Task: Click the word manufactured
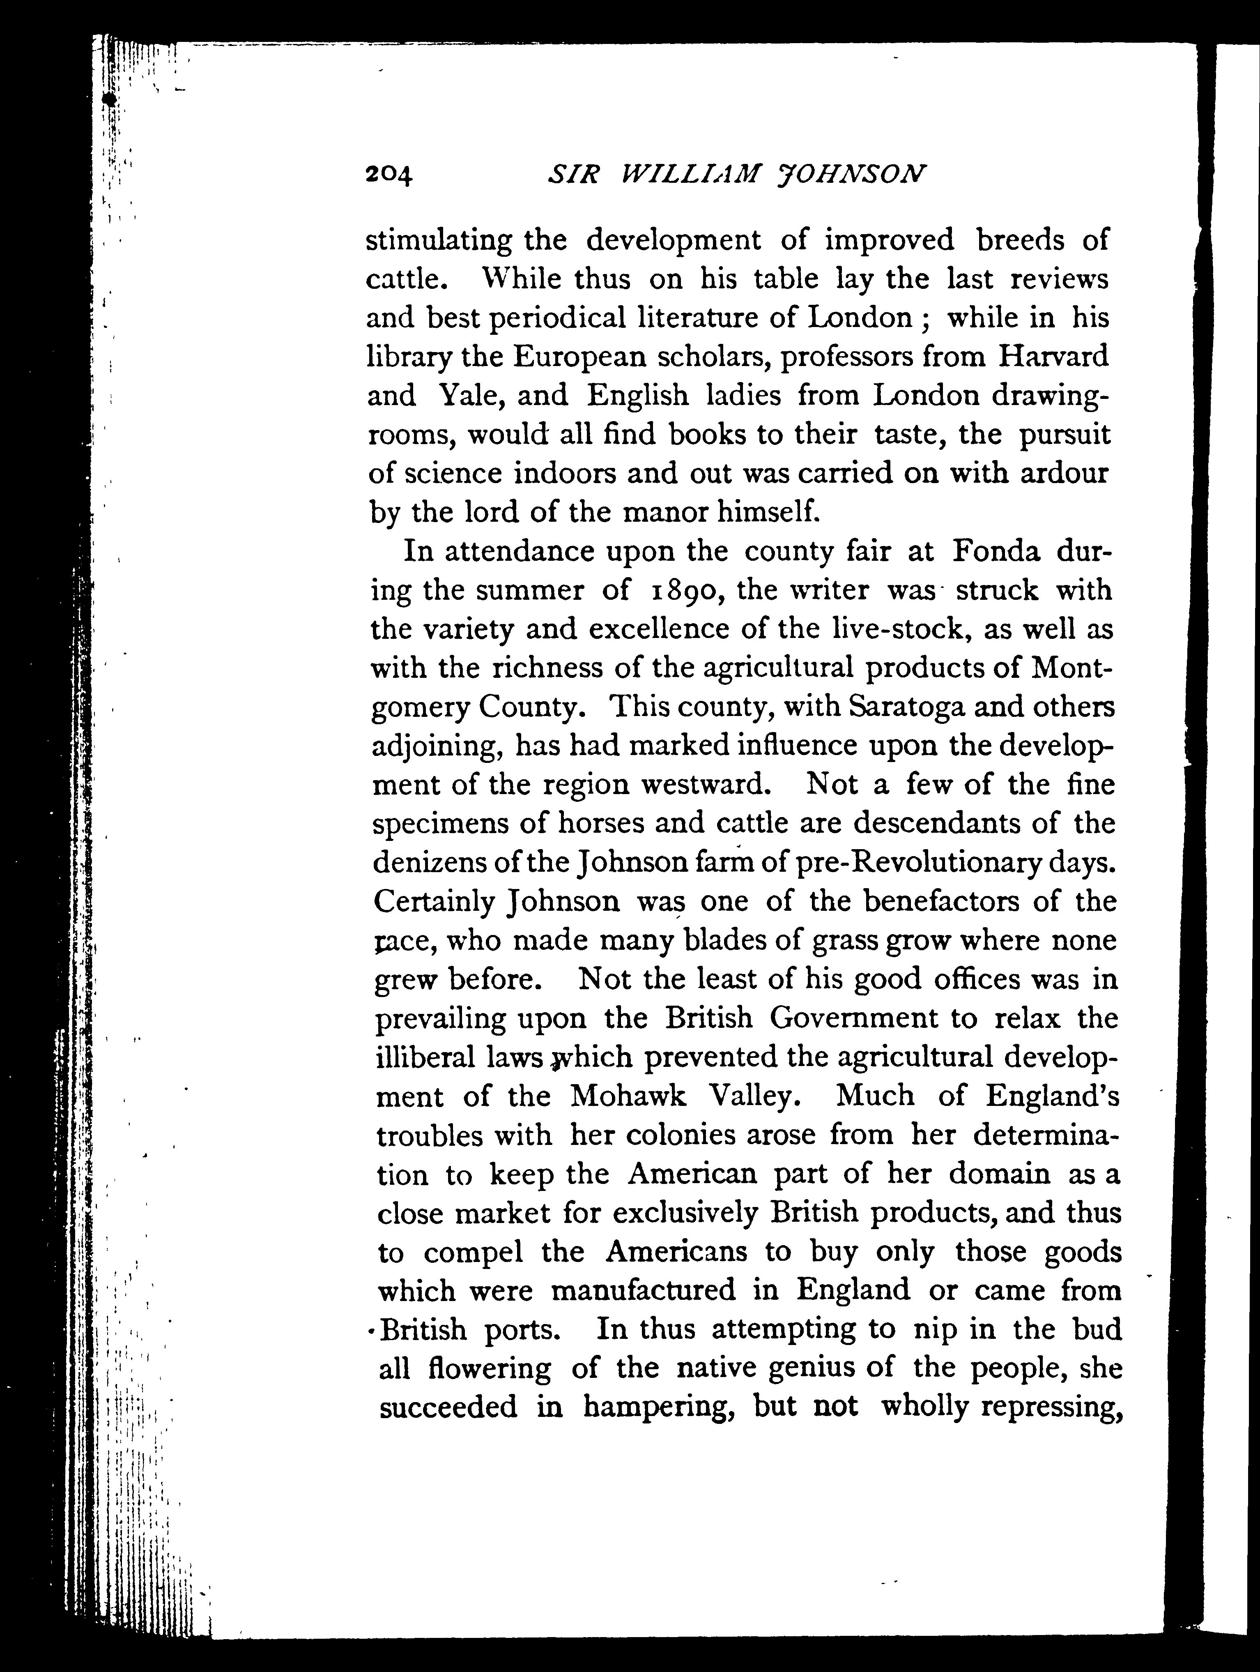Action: point(642,1290)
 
